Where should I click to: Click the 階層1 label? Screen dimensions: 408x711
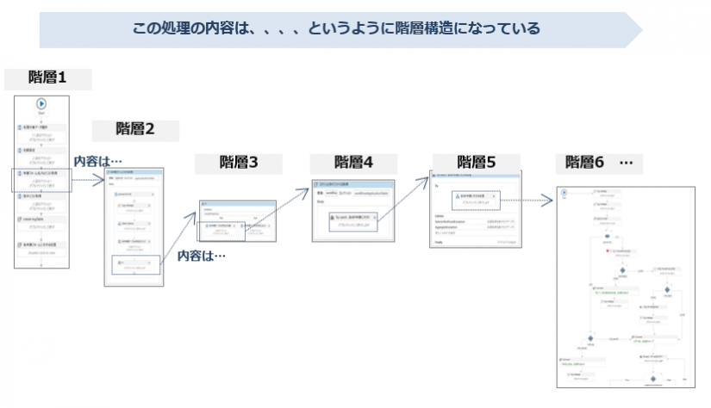(47, 78)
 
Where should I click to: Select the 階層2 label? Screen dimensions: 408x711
(135, 130)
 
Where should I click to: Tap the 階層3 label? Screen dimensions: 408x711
(239, 162)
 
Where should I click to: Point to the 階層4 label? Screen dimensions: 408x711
(353, 162)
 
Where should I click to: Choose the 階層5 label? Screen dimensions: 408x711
(476, 162)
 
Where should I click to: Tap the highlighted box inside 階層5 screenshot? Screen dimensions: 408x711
(474, 200)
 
